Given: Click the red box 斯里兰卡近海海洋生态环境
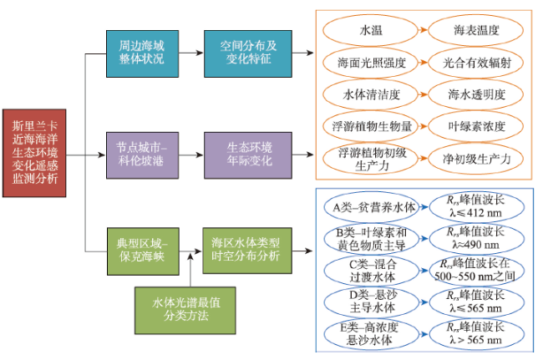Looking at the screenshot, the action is pos(34,153).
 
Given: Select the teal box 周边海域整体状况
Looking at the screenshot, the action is pos(142,53).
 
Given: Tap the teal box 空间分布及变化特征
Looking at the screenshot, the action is pos(248,53).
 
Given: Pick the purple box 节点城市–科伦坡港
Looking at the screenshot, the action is pos(142,155).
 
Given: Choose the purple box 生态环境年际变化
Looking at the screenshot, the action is pos(248,155).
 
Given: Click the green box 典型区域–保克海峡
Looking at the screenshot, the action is pos(143,251).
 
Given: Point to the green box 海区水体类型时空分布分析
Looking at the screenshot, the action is pos(247,251).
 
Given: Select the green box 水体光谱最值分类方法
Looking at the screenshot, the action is pos(185,310).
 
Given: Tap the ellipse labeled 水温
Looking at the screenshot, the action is pos(370,30).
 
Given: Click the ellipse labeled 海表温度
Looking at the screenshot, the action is pos(476,30).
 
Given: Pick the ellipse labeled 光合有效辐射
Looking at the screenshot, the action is pos(476,63).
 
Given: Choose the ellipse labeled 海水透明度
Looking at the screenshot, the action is pos(476,94).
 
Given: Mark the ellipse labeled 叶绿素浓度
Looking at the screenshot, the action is pos(476,126).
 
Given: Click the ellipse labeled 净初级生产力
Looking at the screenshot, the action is pos(476,159).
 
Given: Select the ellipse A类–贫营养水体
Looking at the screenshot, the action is pos(372,207).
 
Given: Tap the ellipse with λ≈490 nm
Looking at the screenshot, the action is pos(477,239).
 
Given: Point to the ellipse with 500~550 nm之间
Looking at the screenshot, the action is pos(477,271).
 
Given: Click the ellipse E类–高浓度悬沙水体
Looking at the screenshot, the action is pos(372,334).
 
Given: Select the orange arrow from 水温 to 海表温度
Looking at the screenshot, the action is pos(423,30).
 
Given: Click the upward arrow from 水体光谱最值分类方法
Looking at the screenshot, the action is pos(190,270).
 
